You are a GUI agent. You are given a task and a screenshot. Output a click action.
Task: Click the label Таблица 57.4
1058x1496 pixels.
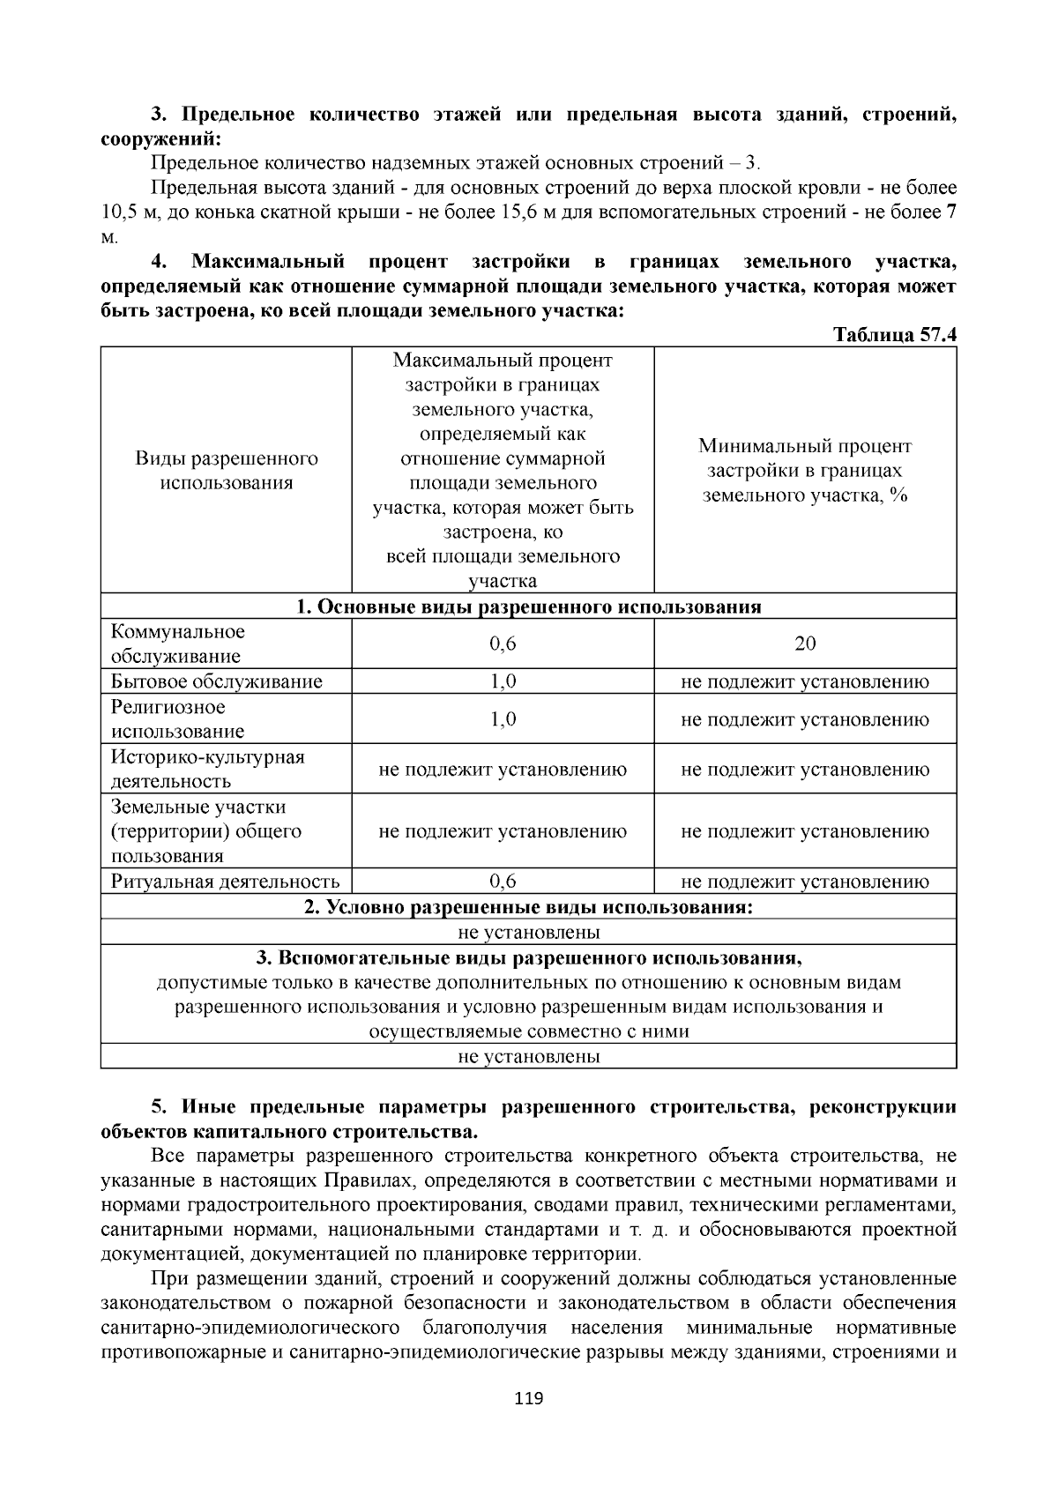(x=894, y=336)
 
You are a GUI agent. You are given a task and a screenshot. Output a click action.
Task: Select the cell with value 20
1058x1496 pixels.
(x=805, y=644)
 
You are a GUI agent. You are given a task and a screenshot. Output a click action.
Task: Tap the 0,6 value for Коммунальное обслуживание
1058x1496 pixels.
(x=503, y=644)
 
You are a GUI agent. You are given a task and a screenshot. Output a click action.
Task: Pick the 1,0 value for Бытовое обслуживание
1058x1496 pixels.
(x=503, y=681)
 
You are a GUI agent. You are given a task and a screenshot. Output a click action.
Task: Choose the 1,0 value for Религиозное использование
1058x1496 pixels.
(x=503, y=719)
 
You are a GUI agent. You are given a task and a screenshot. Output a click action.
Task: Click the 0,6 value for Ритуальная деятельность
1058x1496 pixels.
(x=503, y=882)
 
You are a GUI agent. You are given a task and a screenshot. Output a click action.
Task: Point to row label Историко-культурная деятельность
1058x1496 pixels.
(x=207, y=769)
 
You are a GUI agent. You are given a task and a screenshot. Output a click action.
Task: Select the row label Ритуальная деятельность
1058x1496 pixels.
(x=226, y=882)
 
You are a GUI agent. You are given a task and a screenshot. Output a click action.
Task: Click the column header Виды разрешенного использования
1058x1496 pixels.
(x=227, y=471)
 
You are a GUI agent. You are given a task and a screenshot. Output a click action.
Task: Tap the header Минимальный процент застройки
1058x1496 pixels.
(x=805, y=471)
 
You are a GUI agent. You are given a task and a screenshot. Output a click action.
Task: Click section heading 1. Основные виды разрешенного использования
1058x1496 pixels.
(x=528, y=607)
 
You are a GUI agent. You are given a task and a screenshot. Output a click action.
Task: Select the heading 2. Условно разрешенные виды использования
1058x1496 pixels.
(x=528, y=907)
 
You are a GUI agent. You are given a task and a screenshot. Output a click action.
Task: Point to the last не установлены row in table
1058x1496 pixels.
(x=529, y=1056)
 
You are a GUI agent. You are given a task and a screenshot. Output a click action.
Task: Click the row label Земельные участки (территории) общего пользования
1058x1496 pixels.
(x=207, y=831)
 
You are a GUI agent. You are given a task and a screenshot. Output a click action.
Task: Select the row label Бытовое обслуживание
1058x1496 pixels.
(x=217, y=681)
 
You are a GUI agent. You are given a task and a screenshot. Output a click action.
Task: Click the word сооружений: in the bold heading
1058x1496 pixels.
(x=160, y=138)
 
